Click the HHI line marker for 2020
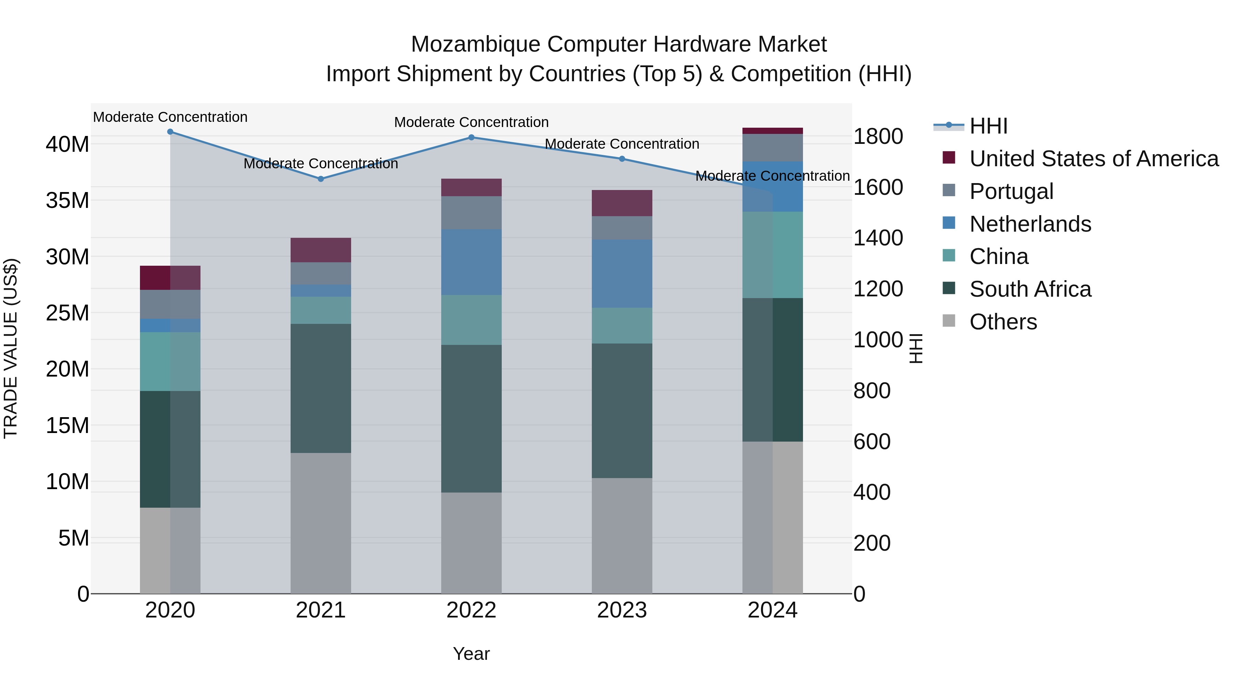point(170,132)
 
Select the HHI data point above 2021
point(321,179)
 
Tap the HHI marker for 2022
point(471,138)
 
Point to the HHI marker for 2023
point(622,159)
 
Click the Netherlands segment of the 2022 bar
point(471,262)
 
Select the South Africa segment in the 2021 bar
point(321,388)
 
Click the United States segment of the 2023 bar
point(622,203)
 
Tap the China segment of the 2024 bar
point(773,255)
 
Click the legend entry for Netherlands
point(1030,224)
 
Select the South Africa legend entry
point(1030,289)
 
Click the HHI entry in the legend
point(988,126)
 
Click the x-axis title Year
point(471,654)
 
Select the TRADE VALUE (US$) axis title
point(11,348)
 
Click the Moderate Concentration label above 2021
point(321,163)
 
